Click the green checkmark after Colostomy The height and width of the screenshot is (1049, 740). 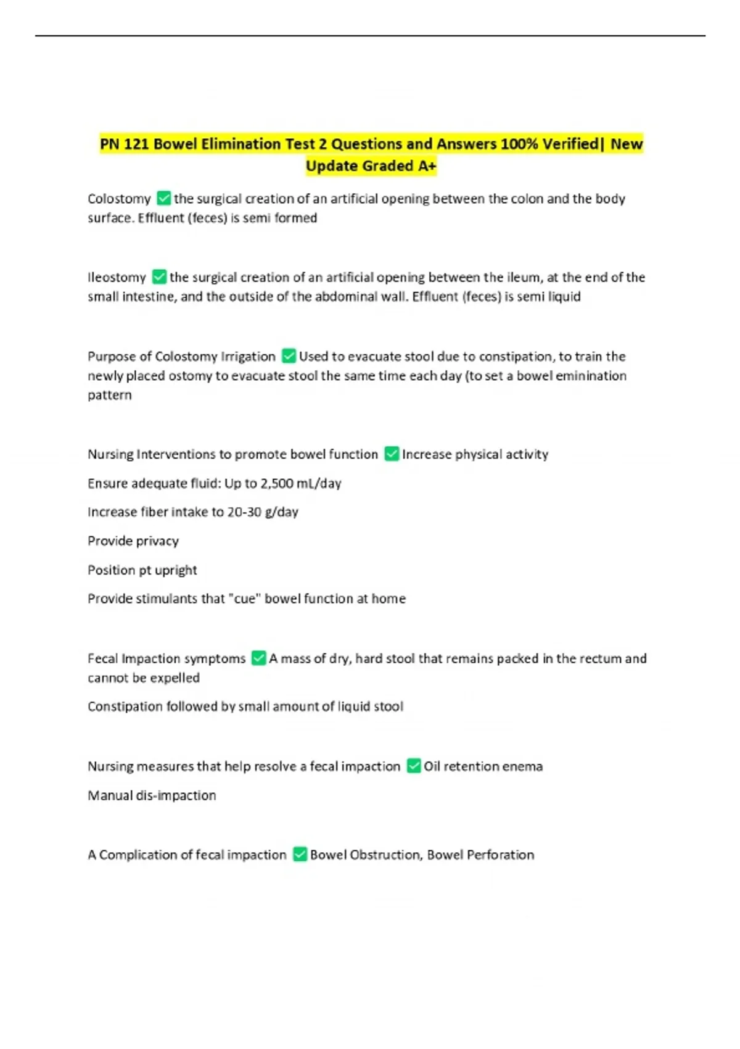pos(163,198)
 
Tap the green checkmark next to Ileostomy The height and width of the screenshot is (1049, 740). pos(159,276)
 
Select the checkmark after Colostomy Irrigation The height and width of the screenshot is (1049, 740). pos(289,355)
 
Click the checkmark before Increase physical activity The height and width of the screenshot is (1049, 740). pos(392,454)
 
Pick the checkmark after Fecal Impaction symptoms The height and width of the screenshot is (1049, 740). pos(259,658)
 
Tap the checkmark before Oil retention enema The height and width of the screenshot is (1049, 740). pos(414,766)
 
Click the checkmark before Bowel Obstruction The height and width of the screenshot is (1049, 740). pos(300,854)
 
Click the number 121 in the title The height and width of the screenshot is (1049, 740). pos(136,144)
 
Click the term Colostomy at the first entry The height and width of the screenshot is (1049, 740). pos(119,199)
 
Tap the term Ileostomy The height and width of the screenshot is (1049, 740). pos(117,277)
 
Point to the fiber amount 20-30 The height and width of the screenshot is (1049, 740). pos(244,512)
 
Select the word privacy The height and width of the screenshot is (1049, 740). pos(158,541)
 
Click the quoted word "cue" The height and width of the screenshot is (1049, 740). pos(245,599)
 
